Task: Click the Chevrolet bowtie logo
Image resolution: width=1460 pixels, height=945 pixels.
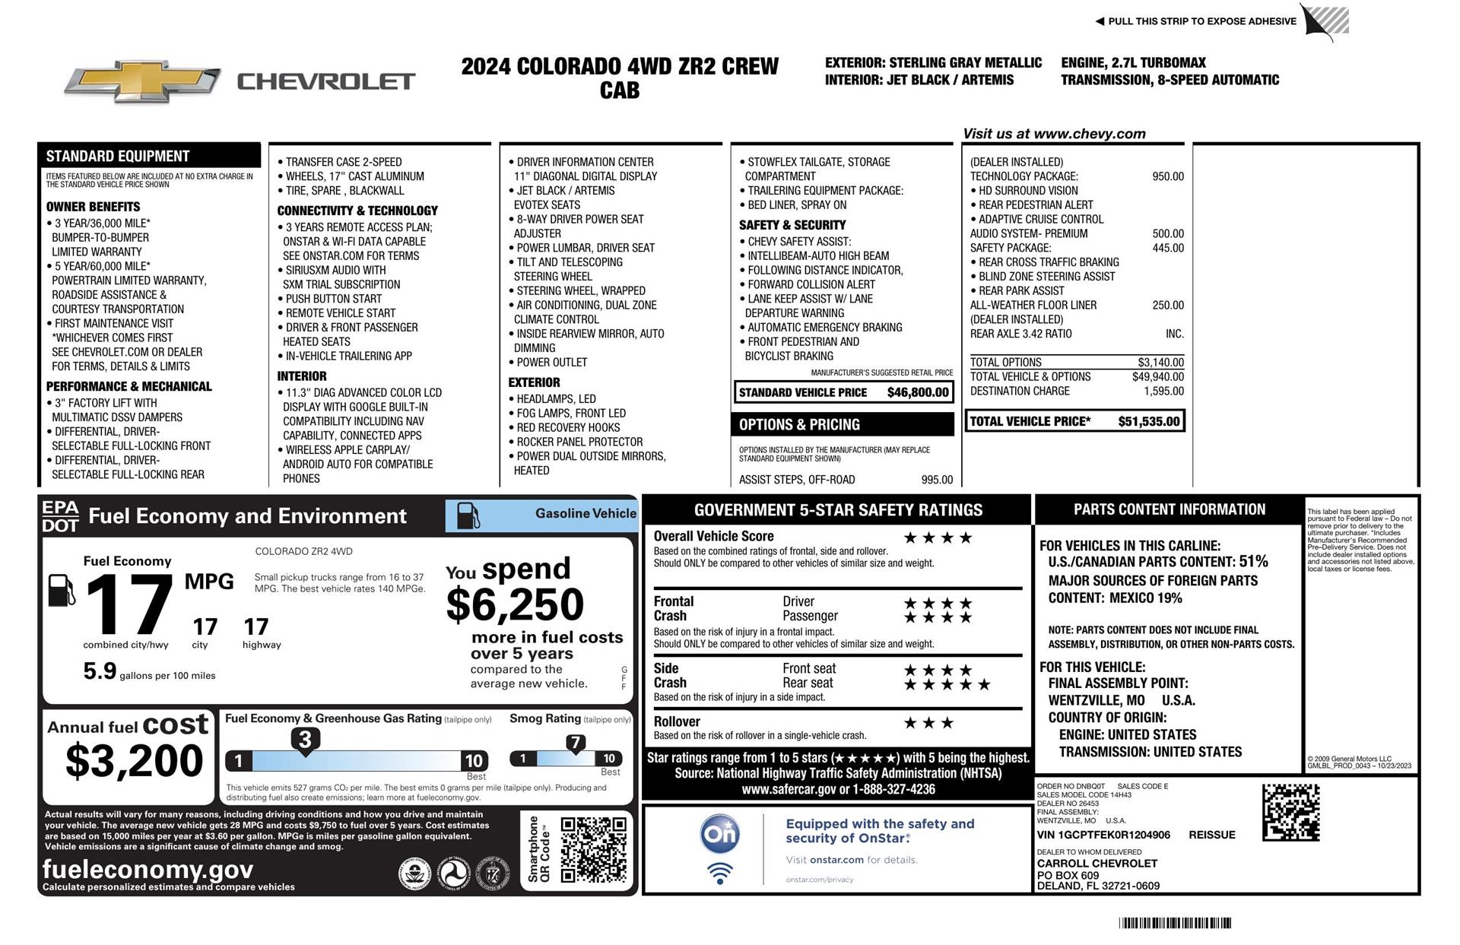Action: click(142, 81)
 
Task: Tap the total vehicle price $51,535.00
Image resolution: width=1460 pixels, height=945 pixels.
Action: click(1148, 421)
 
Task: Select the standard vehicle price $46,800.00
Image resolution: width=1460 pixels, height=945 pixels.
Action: click(918, 392)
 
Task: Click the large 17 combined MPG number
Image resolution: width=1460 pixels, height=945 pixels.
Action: click(129, 605)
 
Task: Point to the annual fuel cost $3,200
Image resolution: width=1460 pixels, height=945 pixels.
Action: click(135, 760)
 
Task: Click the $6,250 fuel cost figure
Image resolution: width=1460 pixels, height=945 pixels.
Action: click(515, 605)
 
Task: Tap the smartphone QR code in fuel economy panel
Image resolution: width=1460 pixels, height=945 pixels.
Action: click(593, 849)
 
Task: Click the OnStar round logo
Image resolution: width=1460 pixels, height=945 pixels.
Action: click(719, 835)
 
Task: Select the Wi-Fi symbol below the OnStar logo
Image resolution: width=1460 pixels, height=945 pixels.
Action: click(719, 874)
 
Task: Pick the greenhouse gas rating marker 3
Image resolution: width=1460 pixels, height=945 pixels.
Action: click(305, 740)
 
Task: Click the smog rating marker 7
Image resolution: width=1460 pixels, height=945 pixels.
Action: click(576, 743)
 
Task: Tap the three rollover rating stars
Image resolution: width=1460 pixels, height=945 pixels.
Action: click(928, 723)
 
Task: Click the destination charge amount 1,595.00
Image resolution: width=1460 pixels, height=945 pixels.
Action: click(1163, 391)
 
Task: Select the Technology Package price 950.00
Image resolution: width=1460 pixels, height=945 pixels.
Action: click(1167, 176)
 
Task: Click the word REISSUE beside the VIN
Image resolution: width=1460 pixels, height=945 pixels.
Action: click(1211, 835)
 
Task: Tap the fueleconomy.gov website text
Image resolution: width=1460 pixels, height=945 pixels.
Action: click(148, 869)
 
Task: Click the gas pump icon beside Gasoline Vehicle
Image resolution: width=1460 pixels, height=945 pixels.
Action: click(468, 516)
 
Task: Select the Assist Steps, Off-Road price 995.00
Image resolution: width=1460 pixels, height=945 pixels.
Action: click(936, 480)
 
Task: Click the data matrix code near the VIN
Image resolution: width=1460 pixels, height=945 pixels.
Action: click(1290, 813)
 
